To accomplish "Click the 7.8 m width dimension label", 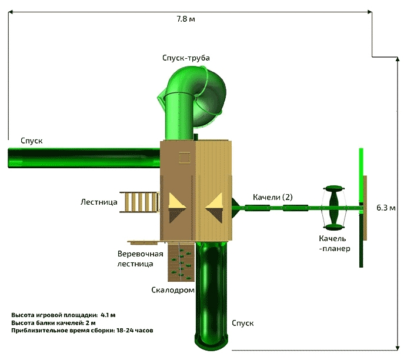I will pyautogui.click(x=186, y=19).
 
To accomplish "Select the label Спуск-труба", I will pyautogui.click(x=186, y=58).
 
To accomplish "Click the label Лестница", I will pyautogui.click(x=99, y=202).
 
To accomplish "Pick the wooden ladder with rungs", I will pyautogui.click(x=139, y=202).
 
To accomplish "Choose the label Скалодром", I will pyautogui.click(x=173, y=290).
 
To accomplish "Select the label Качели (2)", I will pyautogui.click(x=273, y=196).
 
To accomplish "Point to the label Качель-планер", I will pyautogui.click(x=335, y=244).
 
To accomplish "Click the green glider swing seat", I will pyautogui.click(x=334, y=207).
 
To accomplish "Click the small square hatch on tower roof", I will pyautogui.click(x=184, y=157).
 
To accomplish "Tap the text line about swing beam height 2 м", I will pyautogui.click(x=54, y=322).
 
